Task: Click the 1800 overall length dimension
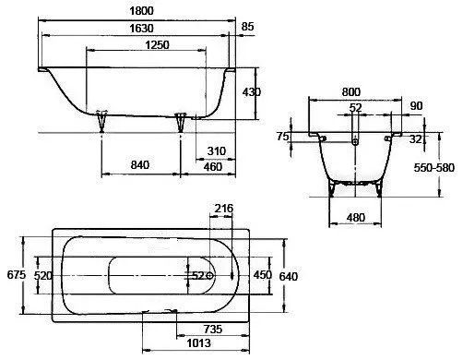point(141,11)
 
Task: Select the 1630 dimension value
point(141,29)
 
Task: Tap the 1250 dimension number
point(157,45)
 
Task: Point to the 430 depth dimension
point(252,92)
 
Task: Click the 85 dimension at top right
point(247,27)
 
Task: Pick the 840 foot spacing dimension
point(140,165)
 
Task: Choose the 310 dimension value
point(217,151)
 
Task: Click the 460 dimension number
point(213,167)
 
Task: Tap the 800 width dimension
point(351,91)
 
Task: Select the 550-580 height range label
point(433,168)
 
